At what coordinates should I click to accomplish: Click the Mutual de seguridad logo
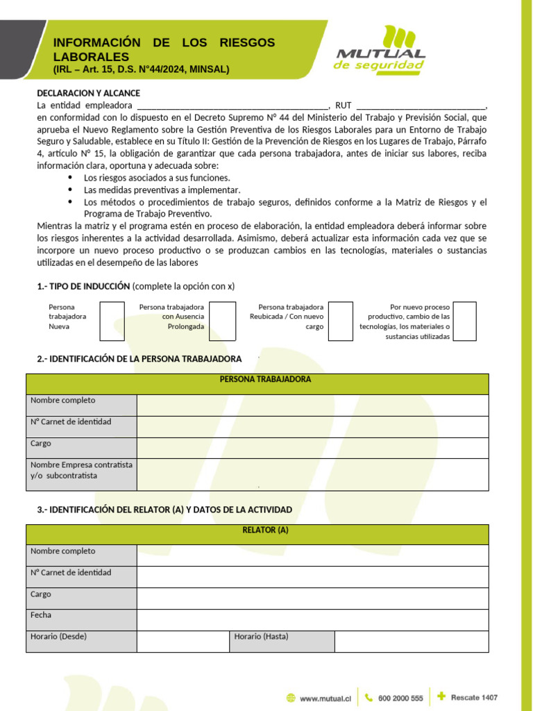380,49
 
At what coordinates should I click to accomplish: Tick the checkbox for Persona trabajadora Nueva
112,321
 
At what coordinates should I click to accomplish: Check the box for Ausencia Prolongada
222,321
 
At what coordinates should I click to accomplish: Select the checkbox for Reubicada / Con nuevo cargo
340,321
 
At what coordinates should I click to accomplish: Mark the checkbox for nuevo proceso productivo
464,321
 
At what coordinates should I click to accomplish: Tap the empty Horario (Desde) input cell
183,642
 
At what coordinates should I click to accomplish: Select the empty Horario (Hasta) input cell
411,642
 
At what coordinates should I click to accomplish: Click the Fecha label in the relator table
41,615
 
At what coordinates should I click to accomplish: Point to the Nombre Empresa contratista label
81,470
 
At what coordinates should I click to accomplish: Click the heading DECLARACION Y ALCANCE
88,93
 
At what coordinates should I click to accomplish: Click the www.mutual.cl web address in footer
324,699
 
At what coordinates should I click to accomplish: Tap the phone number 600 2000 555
400,699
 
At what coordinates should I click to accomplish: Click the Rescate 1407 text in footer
474,697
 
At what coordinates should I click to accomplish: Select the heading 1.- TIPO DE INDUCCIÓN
83,286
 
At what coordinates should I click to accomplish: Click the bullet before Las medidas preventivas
71,190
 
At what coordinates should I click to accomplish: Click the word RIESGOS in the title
248,43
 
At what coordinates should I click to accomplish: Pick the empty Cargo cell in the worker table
312,448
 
